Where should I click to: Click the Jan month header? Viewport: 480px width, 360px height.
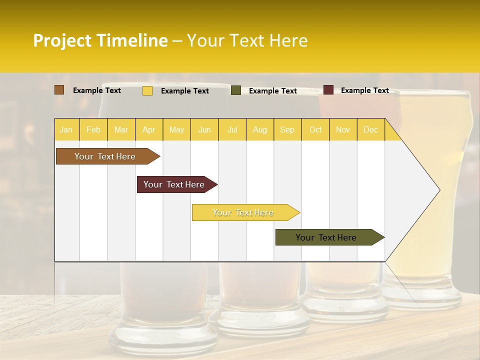[66, 129]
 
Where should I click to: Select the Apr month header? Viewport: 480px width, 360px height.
[149, 129]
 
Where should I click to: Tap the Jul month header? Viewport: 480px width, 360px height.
[232, 129]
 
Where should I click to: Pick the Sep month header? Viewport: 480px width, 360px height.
[287, 129]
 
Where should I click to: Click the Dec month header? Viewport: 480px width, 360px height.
[370, 129]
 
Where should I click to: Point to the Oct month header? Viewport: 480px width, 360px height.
[315, 129]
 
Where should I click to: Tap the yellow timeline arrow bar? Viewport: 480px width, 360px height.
[244, 212]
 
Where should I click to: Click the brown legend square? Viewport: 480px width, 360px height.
[59, 90]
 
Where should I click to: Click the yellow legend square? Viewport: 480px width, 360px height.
[147, 90]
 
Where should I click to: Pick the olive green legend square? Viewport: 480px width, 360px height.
[236, 90]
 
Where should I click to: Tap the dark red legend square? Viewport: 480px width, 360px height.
[328, 90]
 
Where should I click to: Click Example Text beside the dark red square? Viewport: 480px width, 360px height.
[364, 90]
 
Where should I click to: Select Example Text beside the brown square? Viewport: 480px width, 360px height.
[97, 90]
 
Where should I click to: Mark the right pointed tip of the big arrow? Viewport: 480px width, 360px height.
[439, 189]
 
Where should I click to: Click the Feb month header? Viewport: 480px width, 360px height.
[93, 129]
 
